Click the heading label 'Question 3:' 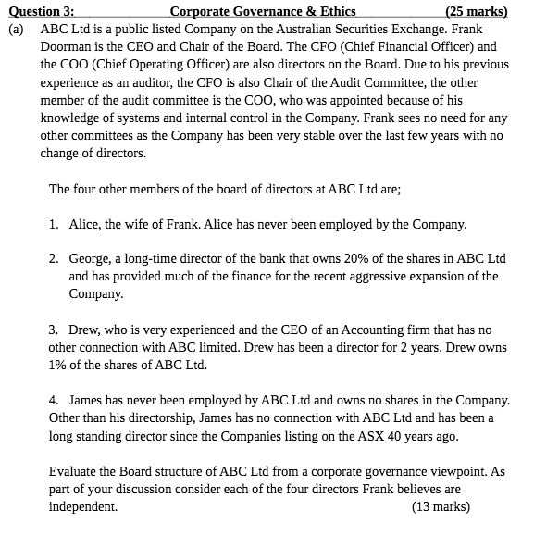point(42,12)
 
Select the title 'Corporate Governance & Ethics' point(264,12)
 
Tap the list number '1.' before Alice point(55,224)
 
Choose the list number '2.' point(55,259)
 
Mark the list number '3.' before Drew point(55,330)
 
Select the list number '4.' point(55,400)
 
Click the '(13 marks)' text point(441,506)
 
